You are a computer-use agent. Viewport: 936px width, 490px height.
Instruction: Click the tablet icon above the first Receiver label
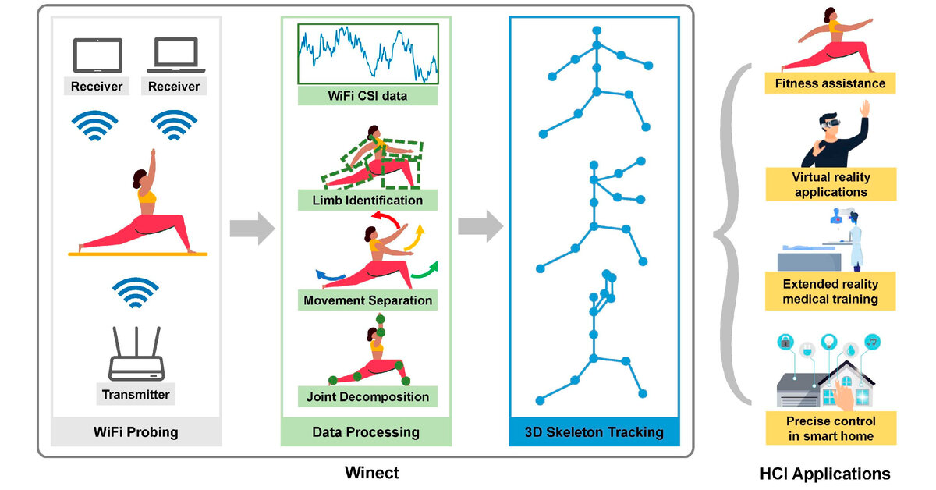click(x=97, y=55)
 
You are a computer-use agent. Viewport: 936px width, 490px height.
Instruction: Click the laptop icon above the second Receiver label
click(x=176, y=55)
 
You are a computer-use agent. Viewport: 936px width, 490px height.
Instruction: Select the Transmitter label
click(x=136, y=394)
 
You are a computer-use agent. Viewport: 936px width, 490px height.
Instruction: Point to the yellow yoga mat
click(x=138, y=254)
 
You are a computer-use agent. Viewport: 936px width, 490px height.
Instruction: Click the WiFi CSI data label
click(x=367, y=96)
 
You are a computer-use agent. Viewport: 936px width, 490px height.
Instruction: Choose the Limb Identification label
click(x=367, y=201)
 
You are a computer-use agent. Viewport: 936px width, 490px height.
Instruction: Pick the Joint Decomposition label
click(x=367, y=396)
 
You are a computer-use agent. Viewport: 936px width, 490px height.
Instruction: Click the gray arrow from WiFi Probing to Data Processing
click(x=253, y=229)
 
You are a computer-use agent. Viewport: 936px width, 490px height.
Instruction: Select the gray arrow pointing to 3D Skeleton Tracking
click(x=480, y=226)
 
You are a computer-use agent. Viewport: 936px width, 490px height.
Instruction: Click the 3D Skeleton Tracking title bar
click(x=594, y=432)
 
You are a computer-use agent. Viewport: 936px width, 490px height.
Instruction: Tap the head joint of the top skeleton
click(x=597, y=30)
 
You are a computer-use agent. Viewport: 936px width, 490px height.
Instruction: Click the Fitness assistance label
click(x=830, y=83)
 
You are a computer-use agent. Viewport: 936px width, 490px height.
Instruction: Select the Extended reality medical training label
click(x=830, y=291)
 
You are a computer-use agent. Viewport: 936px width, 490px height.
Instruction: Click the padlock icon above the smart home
click(x=785, y=342)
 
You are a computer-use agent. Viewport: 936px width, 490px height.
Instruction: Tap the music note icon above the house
click(x=872, y=342)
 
